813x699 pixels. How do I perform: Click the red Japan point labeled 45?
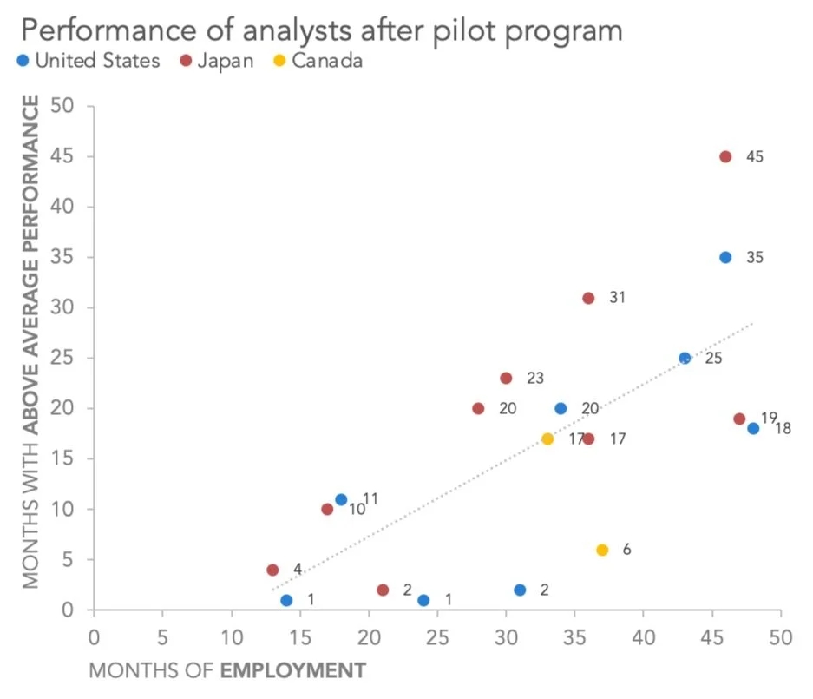(725, 157)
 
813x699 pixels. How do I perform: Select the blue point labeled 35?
(725, 258)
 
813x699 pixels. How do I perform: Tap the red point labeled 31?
(588, 298)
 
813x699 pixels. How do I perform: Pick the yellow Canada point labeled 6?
(602, 550)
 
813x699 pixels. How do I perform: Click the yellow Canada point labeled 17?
(547, 439)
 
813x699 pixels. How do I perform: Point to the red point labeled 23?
(506, 379)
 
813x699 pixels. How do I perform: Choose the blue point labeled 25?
(685, 358)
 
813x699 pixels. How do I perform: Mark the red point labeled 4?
(272, 570)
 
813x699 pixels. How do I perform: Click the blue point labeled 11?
(341, 500)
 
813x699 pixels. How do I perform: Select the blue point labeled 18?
(753, 429)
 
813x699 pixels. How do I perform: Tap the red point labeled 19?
(739, 419)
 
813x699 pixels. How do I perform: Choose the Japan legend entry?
(217, 61)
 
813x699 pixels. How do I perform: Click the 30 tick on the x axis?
(506, 636)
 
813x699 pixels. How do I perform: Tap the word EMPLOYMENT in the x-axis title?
(292, 671)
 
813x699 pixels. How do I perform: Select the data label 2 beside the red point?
(407, 590)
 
